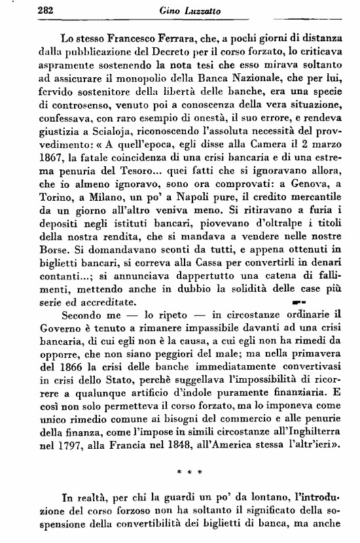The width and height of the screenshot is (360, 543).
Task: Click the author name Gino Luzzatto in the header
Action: pos(184,9)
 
